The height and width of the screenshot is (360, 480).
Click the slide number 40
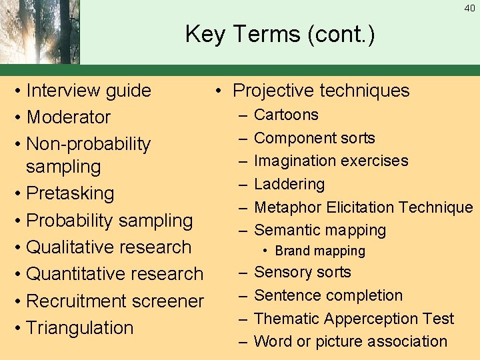(x=469, y=9)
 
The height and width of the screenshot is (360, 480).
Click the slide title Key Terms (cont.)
(x=280, y=34)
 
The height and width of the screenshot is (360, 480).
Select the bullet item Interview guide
(x=89, y=91)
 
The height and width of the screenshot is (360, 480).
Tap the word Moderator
(x=69, y=117)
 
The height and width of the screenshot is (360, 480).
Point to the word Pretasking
(x=70, y=193)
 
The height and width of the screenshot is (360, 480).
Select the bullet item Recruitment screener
(x=115, y=301)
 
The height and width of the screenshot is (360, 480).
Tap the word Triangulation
(x=79, y=328)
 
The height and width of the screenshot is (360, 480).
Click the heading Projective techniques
(x=321, y=91)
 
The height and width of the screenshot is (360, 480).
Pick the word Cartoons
(x=287, y=115)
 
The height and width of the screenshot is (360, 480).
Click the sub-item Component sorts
(x=315, y=138)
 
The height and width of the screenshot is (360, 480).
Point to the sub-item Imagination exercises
(x=331, y=161)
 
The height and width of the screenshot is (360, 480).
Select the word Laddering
(x=289, y=184)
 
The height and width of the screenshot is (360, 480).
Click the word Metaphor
(x=288, y=207)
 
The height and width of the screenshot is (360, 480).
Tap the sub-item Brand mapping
(x=320, y=251)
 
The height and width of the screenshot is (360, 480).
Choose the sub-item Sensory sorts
(x=303, y=272)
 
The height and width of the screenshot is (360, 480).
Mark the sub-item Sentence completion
(x=329, y=295)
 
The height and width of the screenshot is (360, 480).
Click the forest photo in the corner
(x=40, y=32)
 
